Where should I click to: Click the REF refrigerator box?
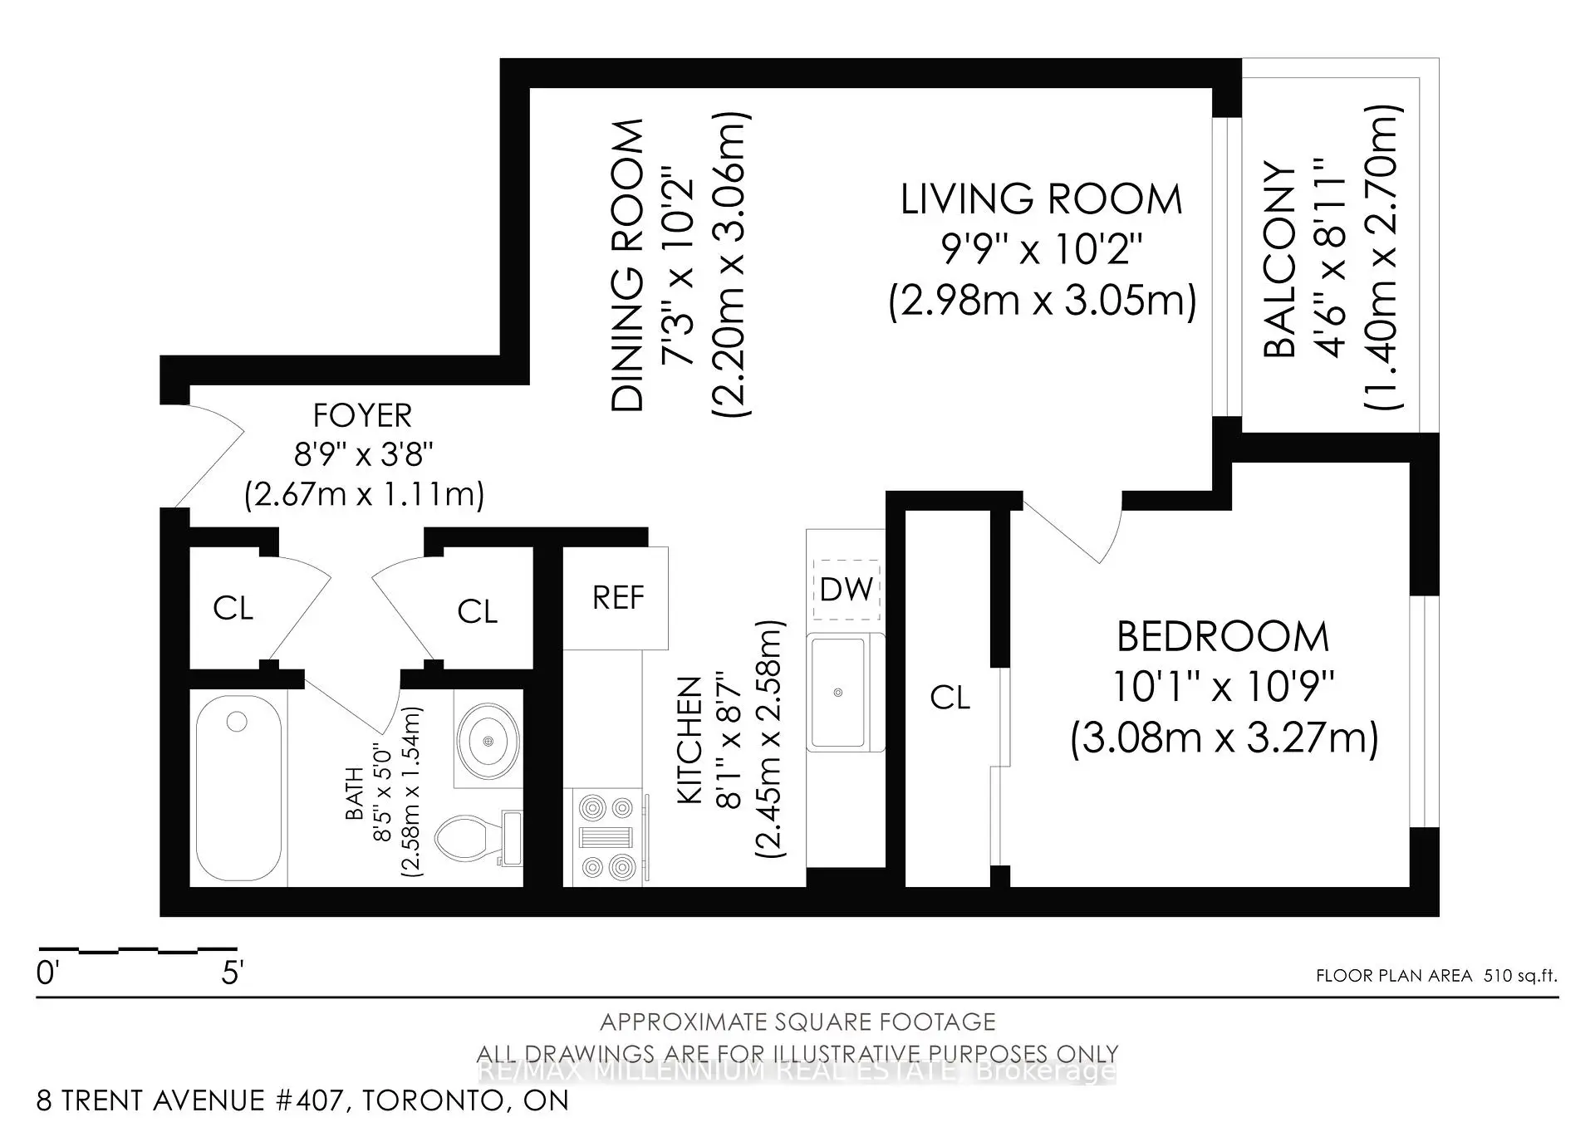pyautogui.click(x=616, y=598)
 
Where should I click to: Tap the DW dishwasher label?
pyautogui.click(x=846, y=589)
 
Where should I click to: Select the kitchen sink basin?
pyautogui.click(x=839, y=692)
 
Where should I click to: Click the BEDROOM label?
pyautogui.click(x=1223, y=637)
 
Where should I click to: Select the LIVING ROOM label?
pyautogui.click(x=1041, y=199)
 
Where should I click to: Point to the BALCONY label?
pyautogui.click(x=1279, y=259)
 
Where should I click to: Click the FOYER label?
pyautogui.click(x=362, y=415)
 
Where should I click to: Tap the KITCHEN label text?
pyautogui.click(x=690, y=740)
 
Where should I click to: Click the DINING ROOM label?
pyautogui.click(x=627, y=265)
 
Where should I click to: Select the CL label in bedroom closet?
pyautogui.click(x=950, y=698)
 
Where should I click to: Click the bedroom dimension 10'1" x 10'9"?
pyautogui.click(x=1223, y=687)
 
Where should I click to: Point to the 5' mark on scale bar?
pyautogui.click(x=232, y=973)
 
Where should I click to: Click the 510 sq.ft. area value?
pyautogui.click(x=1521, y=976)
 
